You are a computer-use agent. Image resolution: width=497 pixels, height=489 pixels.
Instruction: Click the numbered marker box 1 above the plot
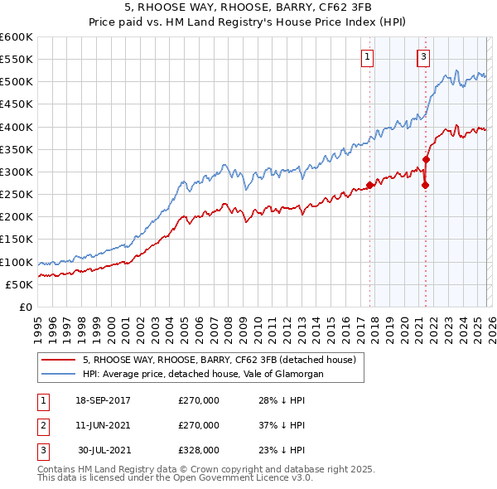366,57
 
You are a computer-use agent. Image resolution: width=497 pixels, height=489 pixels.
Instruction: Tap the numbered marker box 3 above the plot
423,57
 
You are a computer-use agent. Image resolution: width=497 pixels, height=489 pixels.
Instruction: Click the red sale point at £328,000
426,159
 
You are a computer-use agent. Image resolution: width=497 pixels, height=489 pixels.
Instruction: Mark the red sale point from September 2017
369,185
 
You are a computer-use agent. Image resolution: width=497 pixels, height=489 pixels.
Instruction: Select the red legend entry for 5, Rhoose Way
219,360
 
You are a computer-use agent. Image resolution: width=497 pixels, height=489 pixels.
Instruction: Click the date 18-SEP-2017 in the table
103,400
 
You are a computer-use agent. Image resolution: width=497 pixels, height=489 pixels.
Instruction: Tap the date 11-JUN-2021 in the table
103,425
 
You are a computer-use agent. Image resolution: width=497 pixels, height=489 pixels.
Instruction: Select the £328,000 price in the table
199,450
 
